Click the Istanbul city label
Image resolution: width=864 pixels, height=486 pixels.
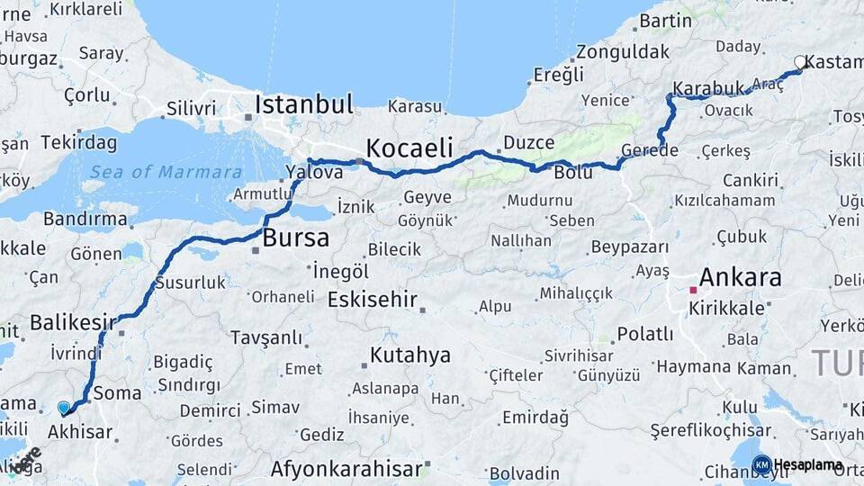point(303,103)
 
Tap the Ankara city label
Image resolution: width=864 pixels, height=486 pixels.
point(740,276)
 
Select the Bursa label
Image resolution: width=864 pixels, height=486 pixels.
point(296,238)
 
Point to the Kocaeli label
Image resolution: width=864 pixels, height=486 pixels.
point(409,148)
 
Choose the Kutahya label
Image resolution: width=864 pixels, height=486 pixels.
point(409,355)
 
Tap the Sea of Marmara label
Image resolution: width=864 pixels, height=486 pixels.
point(166,172)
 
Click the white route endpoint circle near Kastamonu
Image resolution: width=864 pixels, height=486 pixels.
point(800,62)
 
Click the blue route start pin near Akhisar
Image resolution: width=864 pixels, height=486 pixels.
point(64,408)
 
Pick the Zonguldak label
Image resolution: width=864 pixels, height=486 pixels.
point(623,51)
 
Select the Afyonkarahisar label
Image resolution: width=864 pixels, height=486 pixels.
point(346,469)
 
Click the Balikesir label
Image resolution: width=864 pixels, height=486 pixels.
point(73,321)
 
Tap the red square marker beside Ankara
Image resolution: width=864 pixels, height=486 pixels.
point(693,290)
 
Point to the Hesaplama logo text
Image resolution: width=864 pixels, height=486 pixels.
point(808,465)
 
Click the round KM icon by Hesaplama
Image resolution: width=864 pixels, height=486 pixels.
point(761,465)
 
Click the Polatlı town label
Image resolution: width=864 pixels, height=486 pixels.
point(644,334)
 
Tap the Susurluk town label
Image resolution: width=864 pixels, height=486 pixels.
point(190,282)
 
